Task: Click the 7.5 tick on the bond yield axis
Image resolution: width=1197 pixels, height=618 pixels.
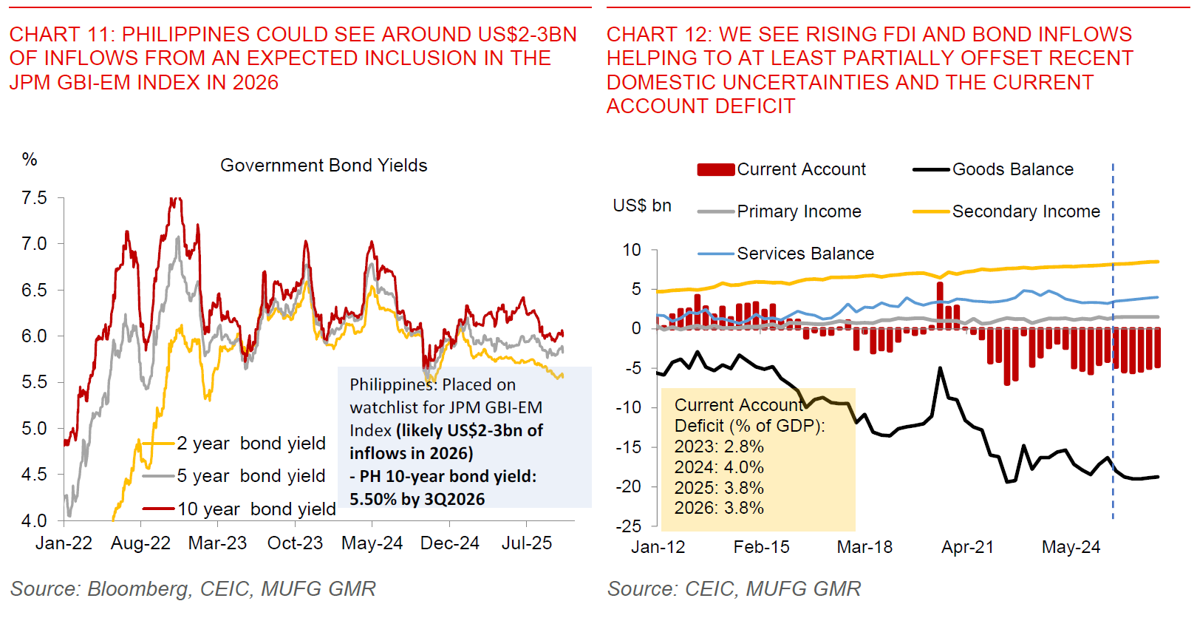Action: (34, 198)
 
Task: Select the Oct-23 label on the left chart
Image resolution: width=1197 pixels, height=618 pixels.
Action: (295, 543)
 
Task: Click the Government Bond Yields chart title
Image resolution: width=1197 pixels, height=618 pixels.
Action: (324, 166)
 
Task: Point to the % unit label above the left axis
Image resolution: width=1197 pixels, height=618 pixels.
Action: (30, 159)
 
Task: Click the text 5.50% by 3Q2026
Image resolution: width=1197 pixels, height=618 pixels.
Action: (417, 500)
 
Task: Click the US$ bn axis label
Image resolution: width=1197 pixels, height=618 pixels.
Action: (642, 206)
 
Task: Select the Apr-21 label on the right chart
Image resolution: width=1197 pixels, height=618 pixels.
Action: (967, 548)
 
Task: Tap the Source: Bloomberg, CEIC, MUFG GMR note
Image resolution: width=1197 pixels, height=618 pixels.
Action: (193, 589)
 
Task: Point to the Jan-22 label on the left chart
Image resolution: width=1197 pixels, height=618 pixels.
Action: (64, 543)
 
